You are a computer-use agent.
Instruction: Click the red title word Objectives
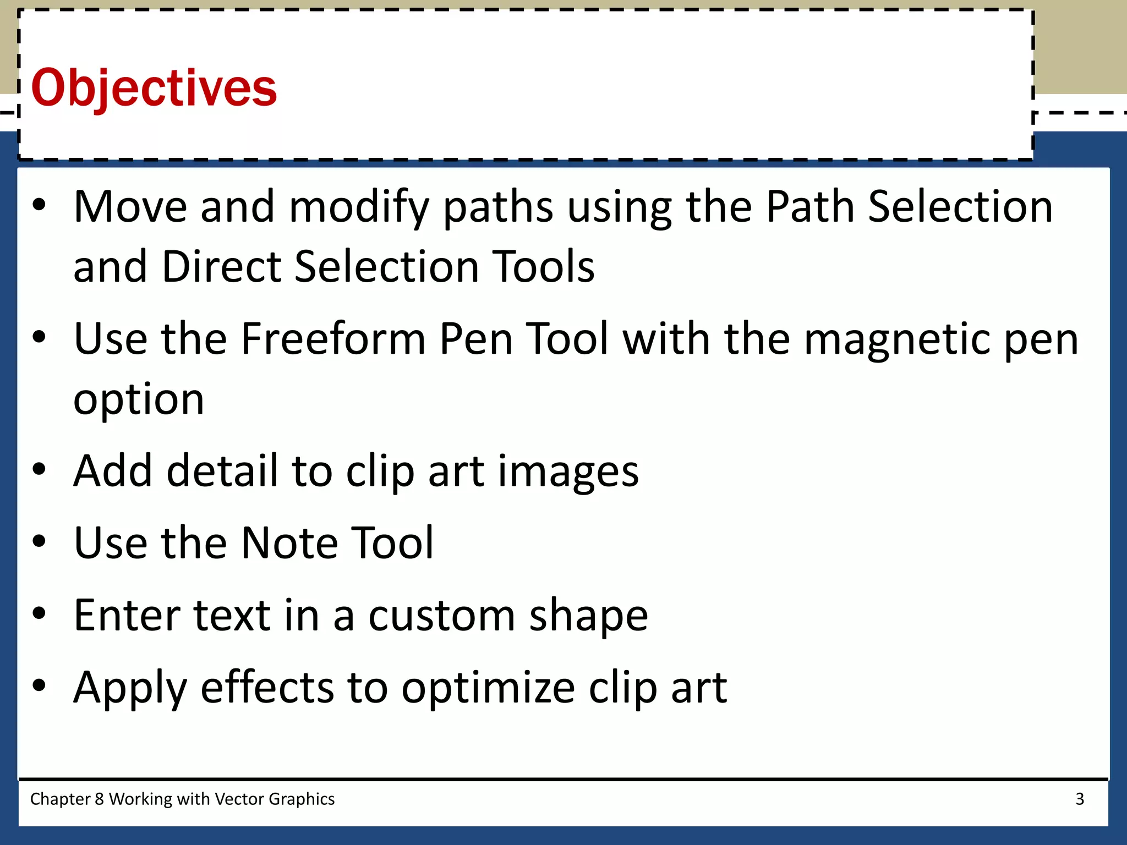tap(154, 88)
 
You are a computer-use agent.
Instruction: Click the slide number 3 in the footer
tap(1080, 799)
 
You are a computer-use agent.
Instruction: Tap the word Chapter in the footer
tap(60, 799)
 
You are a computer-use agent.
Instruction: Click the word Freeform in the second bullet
tap(332, 339)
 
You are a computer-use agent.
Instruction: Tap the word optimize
tap(488, 688)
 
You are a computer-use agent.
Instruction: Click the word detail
tap(222, 471)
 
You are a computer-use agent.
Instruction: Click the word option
tap(139, 400)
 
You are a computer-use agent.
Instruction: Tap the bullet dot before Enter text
tap(39, 613)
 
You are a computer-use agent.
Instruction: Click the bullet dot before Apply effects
tap(39, 685)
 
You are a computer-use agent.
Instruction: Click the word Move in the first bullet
tap(130, 206)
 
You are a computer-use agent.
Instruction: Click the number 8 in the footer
tap(99, 799)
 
